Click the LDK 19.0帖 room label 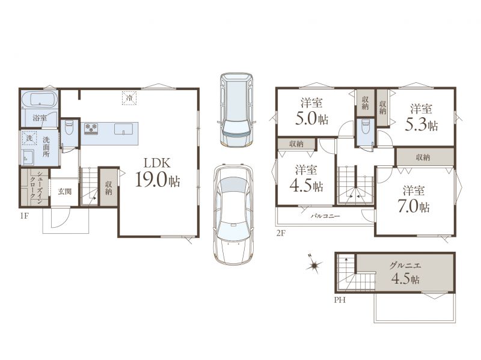(158, 172)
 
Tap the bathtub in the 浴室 (40, 99)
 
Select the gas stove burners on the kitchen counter (91, 129)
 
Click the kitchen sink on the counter (124, 129)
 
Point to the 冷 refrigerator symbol (129, 98)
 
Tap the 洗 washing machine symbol (29, 138)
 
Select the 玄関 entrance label (65, 192)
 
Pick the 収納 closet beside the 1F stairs (108, 188)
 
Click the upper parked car (236, 109)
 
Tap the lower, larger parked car (234, 214)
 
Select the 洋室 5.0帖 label (311, 112)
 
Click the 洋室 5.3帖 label (421, 117)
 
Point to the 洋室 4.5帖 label (306, 178)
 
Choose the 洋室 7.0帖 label (414, 199)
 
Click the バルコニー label (325, 216)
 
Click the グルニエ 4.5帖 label (405, 273)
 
